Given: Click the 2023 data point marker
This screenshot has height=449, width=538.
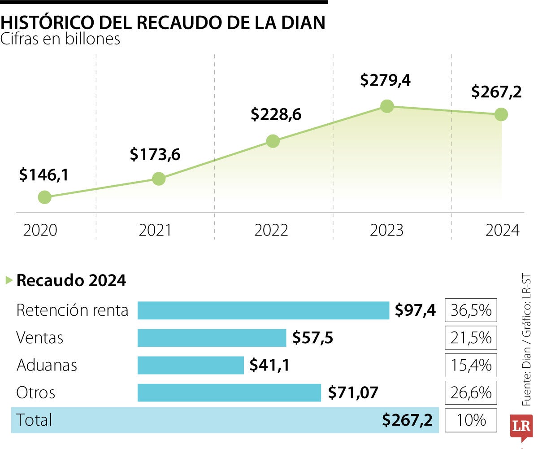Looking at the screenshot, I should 387,106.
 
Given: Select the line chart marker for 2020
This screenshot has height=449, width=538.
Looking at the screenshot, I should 44,197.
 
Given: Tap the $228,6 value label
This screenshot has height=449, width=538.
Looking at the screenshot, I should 276,114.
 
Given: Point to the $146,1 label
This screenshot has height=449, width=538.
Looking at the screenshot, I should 44,175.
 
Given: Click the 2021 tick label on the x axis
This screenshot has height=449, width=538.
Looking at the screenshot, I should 155,231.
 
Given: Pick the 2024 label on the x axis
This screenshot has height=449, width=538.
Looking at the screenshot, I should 503,231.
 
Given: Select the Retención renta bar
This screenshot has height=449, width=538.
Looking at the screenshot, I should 263,310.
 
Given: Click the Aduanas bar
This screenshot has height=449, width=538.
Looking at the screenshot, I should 191,365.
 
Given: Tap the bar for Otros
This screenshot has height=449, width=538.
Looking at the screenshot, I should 229,392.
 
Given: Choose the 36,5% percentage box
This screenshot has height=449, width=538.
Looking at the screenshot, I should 471,310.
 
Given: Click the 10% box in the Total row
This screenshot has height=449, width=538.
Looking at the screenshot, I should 471,420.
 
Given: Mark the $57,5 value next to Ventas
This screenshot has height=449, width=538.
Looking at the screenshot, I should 312,338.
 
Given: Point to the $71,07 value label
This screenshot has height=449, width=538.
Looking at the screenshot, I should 353,393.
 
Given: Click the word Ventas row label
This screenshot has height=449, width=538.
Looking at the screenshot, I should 39,338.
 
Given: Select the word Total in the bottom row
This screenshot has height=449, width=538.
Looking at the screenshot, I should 34,420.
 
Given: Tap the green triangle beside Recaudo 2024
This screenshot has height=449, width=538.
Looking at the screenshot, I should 9,281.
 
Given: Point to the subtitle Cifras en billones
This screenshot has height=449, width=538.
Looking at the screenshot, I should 61,39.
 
